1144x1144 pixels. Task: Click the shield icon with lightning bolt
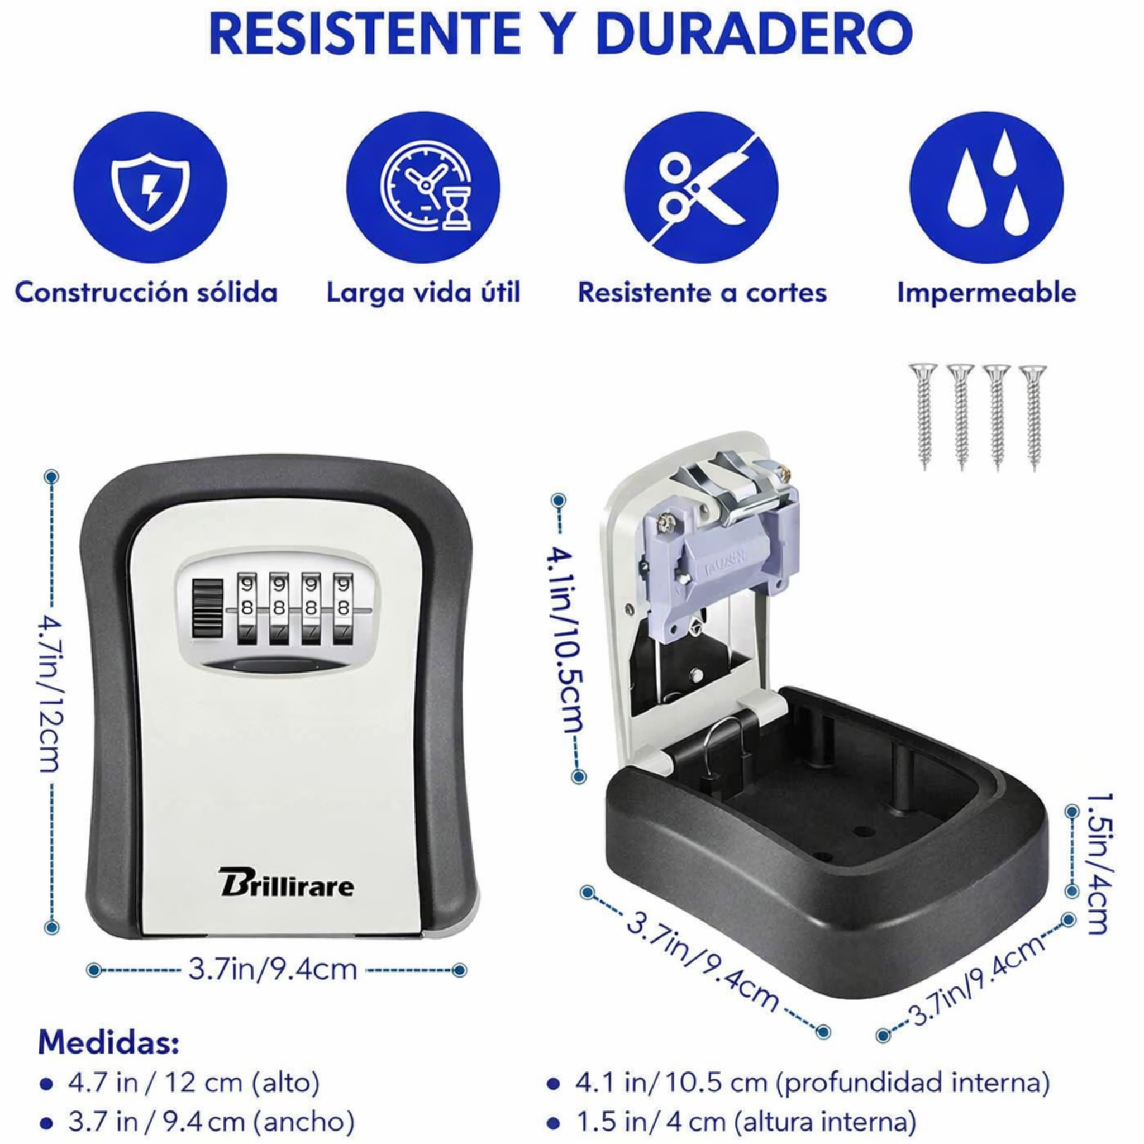(x=150, y=187)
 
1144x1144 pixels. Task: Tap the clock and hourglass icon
(x=423, y=187)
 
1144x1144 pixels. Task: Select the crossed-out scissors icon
(x=701, y=187)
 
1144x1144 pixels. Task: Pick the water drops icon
(x=986, y=187)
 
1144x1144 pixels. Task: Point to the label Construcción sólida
(x=146, y=293)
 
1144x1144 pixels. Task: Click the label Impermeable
(x=986, y=293)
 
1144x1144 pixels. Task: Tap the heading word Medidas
(x=109, y=1042)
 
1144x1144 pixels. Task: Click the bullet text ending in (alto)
(x=194, y=1083)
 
